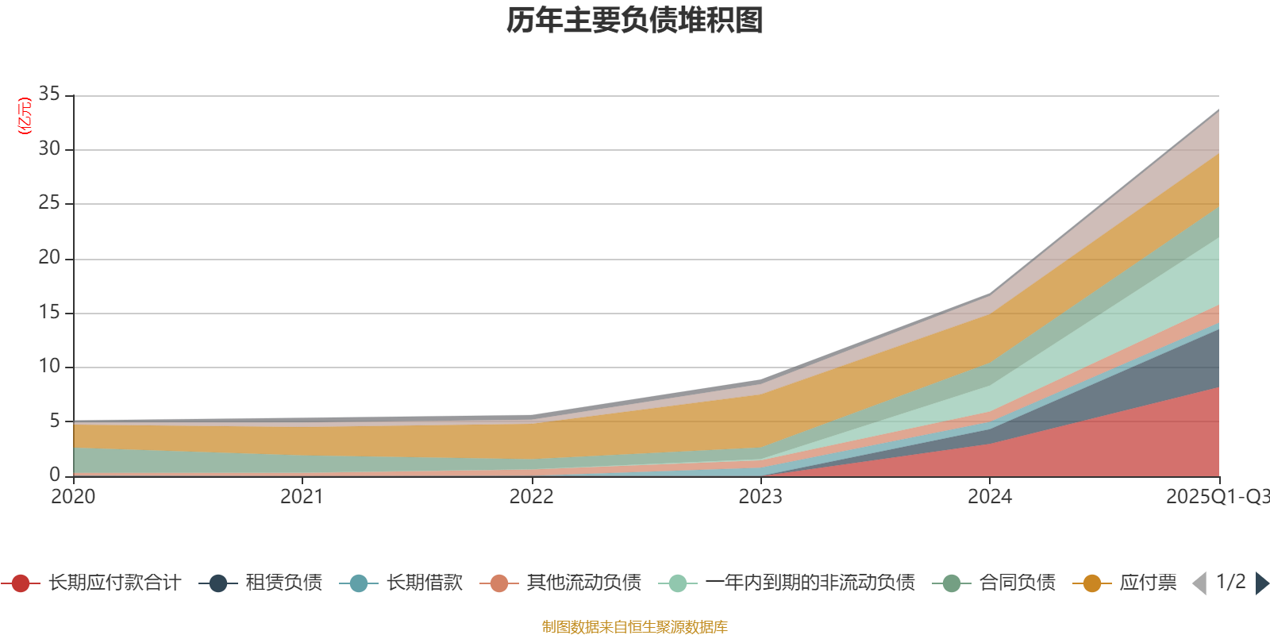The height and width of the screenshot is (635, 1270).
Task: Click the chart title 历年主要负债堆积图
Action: coord(635,21)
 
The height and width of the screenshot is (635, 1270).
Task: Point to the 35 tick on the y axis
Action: coord(49,94)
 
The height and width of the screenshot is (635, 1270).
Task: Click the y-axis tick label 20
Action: coord(49,257)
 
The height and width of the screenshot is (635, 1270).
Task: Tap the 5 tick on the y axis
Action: coord(55,421)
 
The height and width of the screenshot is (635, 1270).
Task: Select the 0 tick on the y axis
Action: coord(55,475)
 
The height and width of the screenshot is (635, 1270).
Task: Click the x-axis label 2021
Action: coord(302,497)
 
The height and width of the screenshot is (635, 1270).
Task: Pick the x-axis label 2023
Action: coord(760,497)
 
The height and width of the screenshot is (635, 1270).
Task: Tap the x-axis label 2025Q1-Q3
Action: coord(1217,497)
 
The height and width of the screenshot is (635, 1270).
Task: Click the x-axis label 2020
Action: coord(73,497)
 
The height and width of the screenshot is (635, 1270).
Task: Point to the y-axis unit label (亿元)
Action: coord(25,116)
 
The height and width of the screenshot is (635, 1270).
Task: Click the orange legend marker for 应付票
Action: coord(1092,583)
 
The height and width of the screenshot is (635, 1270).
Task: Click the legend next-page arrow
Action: coord(1262,583)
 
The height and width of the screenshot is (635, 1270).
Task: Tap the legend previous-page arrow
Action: coord(1199,583)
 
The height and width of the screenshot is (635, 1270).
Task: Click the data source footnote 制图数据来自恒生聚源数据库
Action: coord(635,627)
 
